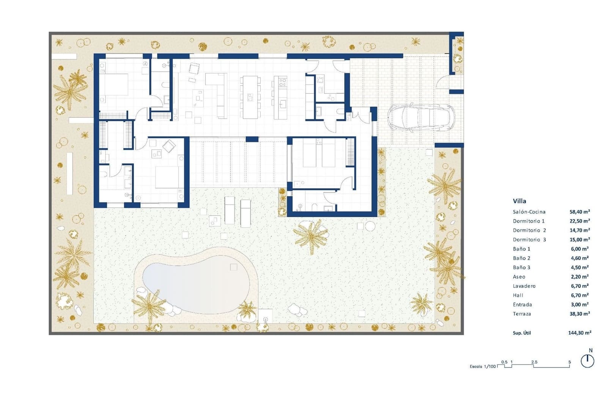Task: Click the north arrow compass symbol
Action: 587,361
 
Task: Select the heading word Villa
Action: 519,201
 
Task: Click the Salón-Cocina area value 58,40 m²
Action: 580,212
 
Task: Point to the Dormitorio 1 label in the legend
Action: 528,221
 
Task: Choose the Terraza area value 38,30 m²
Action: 580,314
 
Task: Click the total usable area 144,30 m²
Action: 580,333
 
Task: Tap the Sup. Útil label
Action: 522,333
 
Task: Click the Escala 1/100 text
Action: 483,366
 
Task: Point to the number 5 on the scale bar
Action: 569,362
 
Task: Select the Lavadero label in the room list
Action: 524,286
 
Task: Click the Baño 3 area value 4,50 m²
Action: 580,268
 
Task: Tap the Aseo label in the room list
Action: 519,277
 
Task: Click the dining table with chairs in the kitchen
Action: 250,97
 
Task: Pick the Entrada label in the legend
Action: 522,305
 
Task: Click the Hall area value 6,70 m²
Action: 580,295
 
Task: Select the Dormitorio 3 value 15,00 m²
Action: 580,240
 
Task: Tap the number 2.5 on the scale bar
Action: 534,362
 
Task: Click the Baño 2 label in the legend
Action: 522,258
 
